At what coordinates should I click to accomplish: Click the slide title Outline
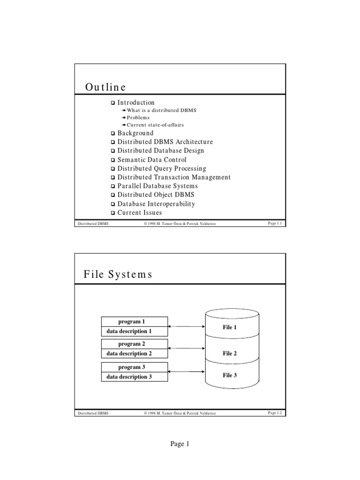tap(105, 87)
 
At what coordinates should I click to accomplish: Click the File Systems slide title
tap(118, 275)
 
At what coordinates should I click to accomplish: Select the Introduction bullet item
tap(135, 103)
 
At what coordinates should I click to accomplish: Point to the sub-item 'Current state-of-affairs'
tap(155, 125)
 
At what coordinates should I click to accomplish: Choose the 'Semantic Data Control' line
tap(151, 160)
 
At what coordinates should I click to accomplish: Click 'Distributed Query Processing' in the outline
tap(161, 169)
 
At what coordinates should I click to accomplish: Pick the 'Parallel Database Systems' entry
tap(157, 186)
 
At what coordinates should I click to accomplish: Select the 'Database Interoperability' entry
tap(156, 204)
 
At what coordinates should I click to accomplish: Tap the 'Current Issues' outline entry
tap(140, 213)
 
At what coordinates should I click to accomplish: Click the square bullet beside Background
tap(112, 134)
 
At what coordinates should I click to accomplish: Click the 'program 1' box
tap(135, 322)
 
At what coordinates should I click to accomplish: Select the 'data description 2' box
tap(135, 354)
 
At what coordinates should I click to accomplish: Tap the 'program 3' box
tap(135, 367)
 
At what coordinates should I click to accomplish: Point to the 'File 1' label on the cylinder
tap(230, 327)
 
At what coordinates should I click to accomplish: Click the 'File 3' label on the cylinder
tap(230, 375)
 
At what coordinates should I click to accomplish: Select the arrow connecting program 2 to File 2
tap(187, 348)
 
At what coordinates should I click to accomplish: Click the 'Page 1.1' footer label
tap(275, 224)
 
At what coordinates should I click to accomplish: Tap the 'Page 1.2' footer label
tap(275, 413)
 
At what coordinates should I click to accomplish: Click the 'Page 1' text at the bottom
tap(180, 444)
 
